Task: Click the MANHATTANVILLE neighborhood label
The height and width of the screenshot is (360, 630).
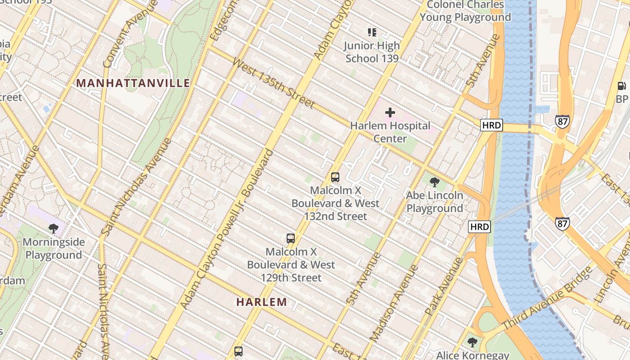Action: [133, 83]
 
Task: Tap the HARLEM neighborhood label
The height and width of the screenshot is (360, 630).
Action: [261, 302]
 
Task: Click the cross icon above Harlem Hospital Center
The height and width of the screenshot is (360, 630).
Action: [390, 112]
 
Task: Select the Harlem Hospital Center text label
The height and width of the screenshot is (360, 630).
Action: [390, 132]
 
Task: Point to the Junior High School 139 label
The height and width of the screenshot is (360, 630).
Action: [372, 52]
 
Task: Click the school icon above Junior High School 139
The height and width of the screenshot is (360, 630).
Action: [372, 32]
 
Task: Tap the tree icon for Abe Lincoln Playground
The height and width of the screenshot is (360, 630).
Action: [434, 182]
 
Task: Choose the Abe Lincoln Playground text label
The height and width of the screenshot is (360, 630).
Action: [434, 202]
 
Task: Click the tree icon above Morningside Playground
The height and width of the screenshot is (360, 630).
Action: [54, 229]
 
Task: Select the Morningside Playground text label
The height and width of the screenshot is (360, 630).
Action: [54, 248]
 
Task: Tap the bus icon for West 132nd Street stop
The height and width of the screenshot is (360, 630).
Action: [335, 177]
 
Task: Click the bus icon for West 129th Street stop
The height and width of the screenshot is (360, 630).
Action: [291, 238]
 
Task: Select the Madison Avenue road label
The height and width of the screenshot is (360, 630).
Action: [394, 302]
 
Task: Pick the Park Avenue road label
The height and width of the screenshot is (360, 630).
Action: [444, 286]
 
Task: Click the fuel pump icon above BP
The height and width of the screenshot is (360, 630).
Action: [622, 85]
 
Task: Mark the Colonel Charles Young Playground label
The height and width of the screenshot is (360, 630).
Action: [465, 11]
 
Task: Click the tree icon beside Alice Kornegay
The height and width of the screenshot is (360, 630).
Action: [472, 342]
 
